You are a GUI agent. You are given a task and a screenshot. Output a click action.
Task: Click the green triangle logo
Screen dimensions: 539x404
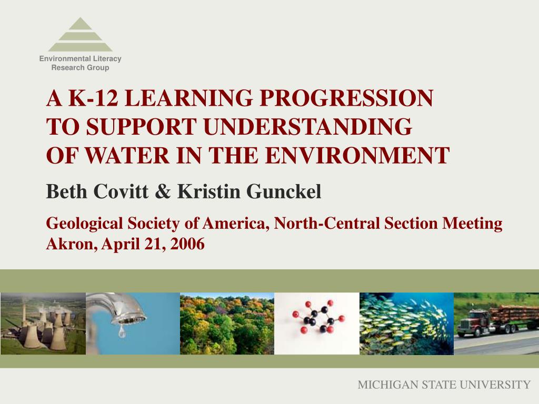(x=80, y=34)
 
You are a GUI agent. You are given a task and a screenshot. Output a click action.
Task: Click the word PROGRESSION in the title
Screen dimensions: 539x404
(x=346, y=98)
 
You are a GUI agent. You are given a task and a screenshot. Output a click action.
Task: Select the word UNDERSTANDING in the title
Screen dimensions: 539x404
(x=307, y=126)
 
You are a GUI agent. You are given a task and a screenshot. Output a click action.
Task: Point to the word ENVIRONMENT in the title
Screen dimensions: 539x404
(x=357, y=155)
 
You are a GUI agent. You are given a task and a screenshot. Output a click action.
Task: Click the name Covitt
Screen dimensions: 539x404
(x=121, y=191)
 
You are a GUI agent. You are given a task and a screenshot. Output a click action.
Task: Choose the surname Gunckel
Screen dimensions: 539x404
(x=284, y=191)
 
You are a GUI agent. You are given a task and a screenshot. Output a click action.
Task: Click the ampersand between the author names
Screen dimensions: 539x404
(x=163, y=191)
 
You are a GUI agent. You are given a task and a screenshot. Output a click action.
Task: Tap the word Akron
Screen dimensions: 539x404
(x=71, y=244)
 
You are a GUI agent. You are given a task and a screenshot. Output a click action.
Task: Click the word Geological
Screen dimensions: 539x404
(x=84, y=224)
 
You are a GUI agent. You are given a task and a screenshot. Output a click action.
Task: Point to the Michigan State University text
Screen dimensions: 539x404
(x=444, y=385)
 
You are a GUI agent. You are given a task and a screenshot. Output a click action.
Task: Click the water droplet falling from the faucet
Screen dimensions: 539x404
(x=122, y=331)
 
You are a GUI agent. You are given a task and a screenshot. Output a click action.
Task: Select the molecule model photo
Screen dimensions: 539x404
(x=316, y=324)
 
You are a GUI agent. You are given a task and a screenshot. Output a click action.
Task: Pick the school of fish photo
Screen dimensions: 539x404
(x=406, y=324)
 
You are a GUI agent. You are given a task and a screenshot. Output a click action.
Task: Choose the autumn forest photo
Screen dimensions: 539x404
(x=227, y=324)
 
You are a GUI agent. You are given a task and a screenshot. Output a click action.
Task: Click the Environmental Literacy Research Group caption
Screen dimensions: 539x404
(x=80, y=63)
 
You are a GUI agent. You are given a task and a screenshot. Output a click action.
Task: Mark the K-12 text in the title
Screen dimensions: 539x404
(x=93, y=98)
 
